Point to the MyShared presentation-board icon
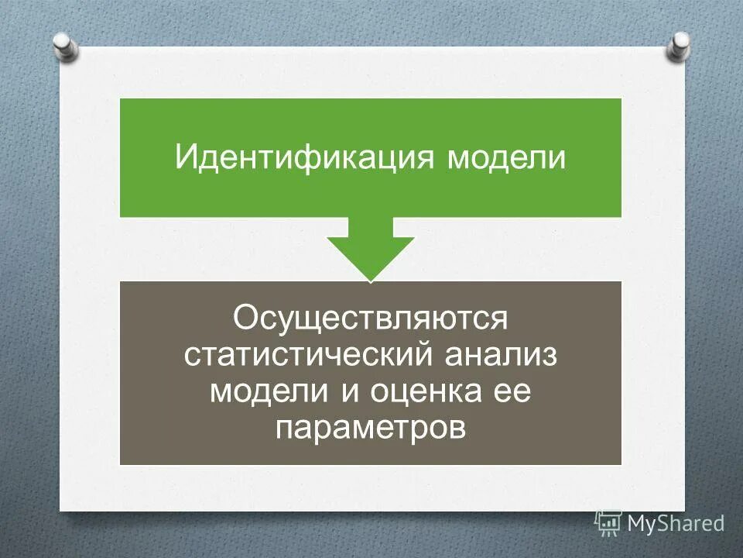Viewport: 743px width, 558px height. (608, 522)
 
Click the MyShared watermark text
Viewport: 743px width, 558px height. (676, 523)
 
